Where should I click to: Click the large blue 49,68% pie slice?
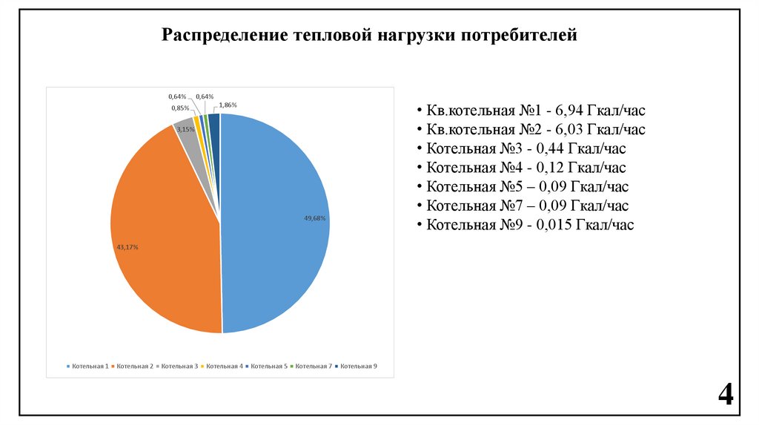click(x=274, y=223)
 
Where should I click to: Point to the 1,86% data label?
click(x=228, y=106)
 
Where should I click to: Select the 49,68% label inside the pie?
click(x=315, y=218)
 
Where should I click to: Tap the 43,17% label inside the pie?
click(x=127, y=246)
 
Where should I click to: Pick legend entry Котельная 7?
click(x=312, y=367)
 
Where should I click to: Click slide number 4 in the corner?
click(x=725, y=394)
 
